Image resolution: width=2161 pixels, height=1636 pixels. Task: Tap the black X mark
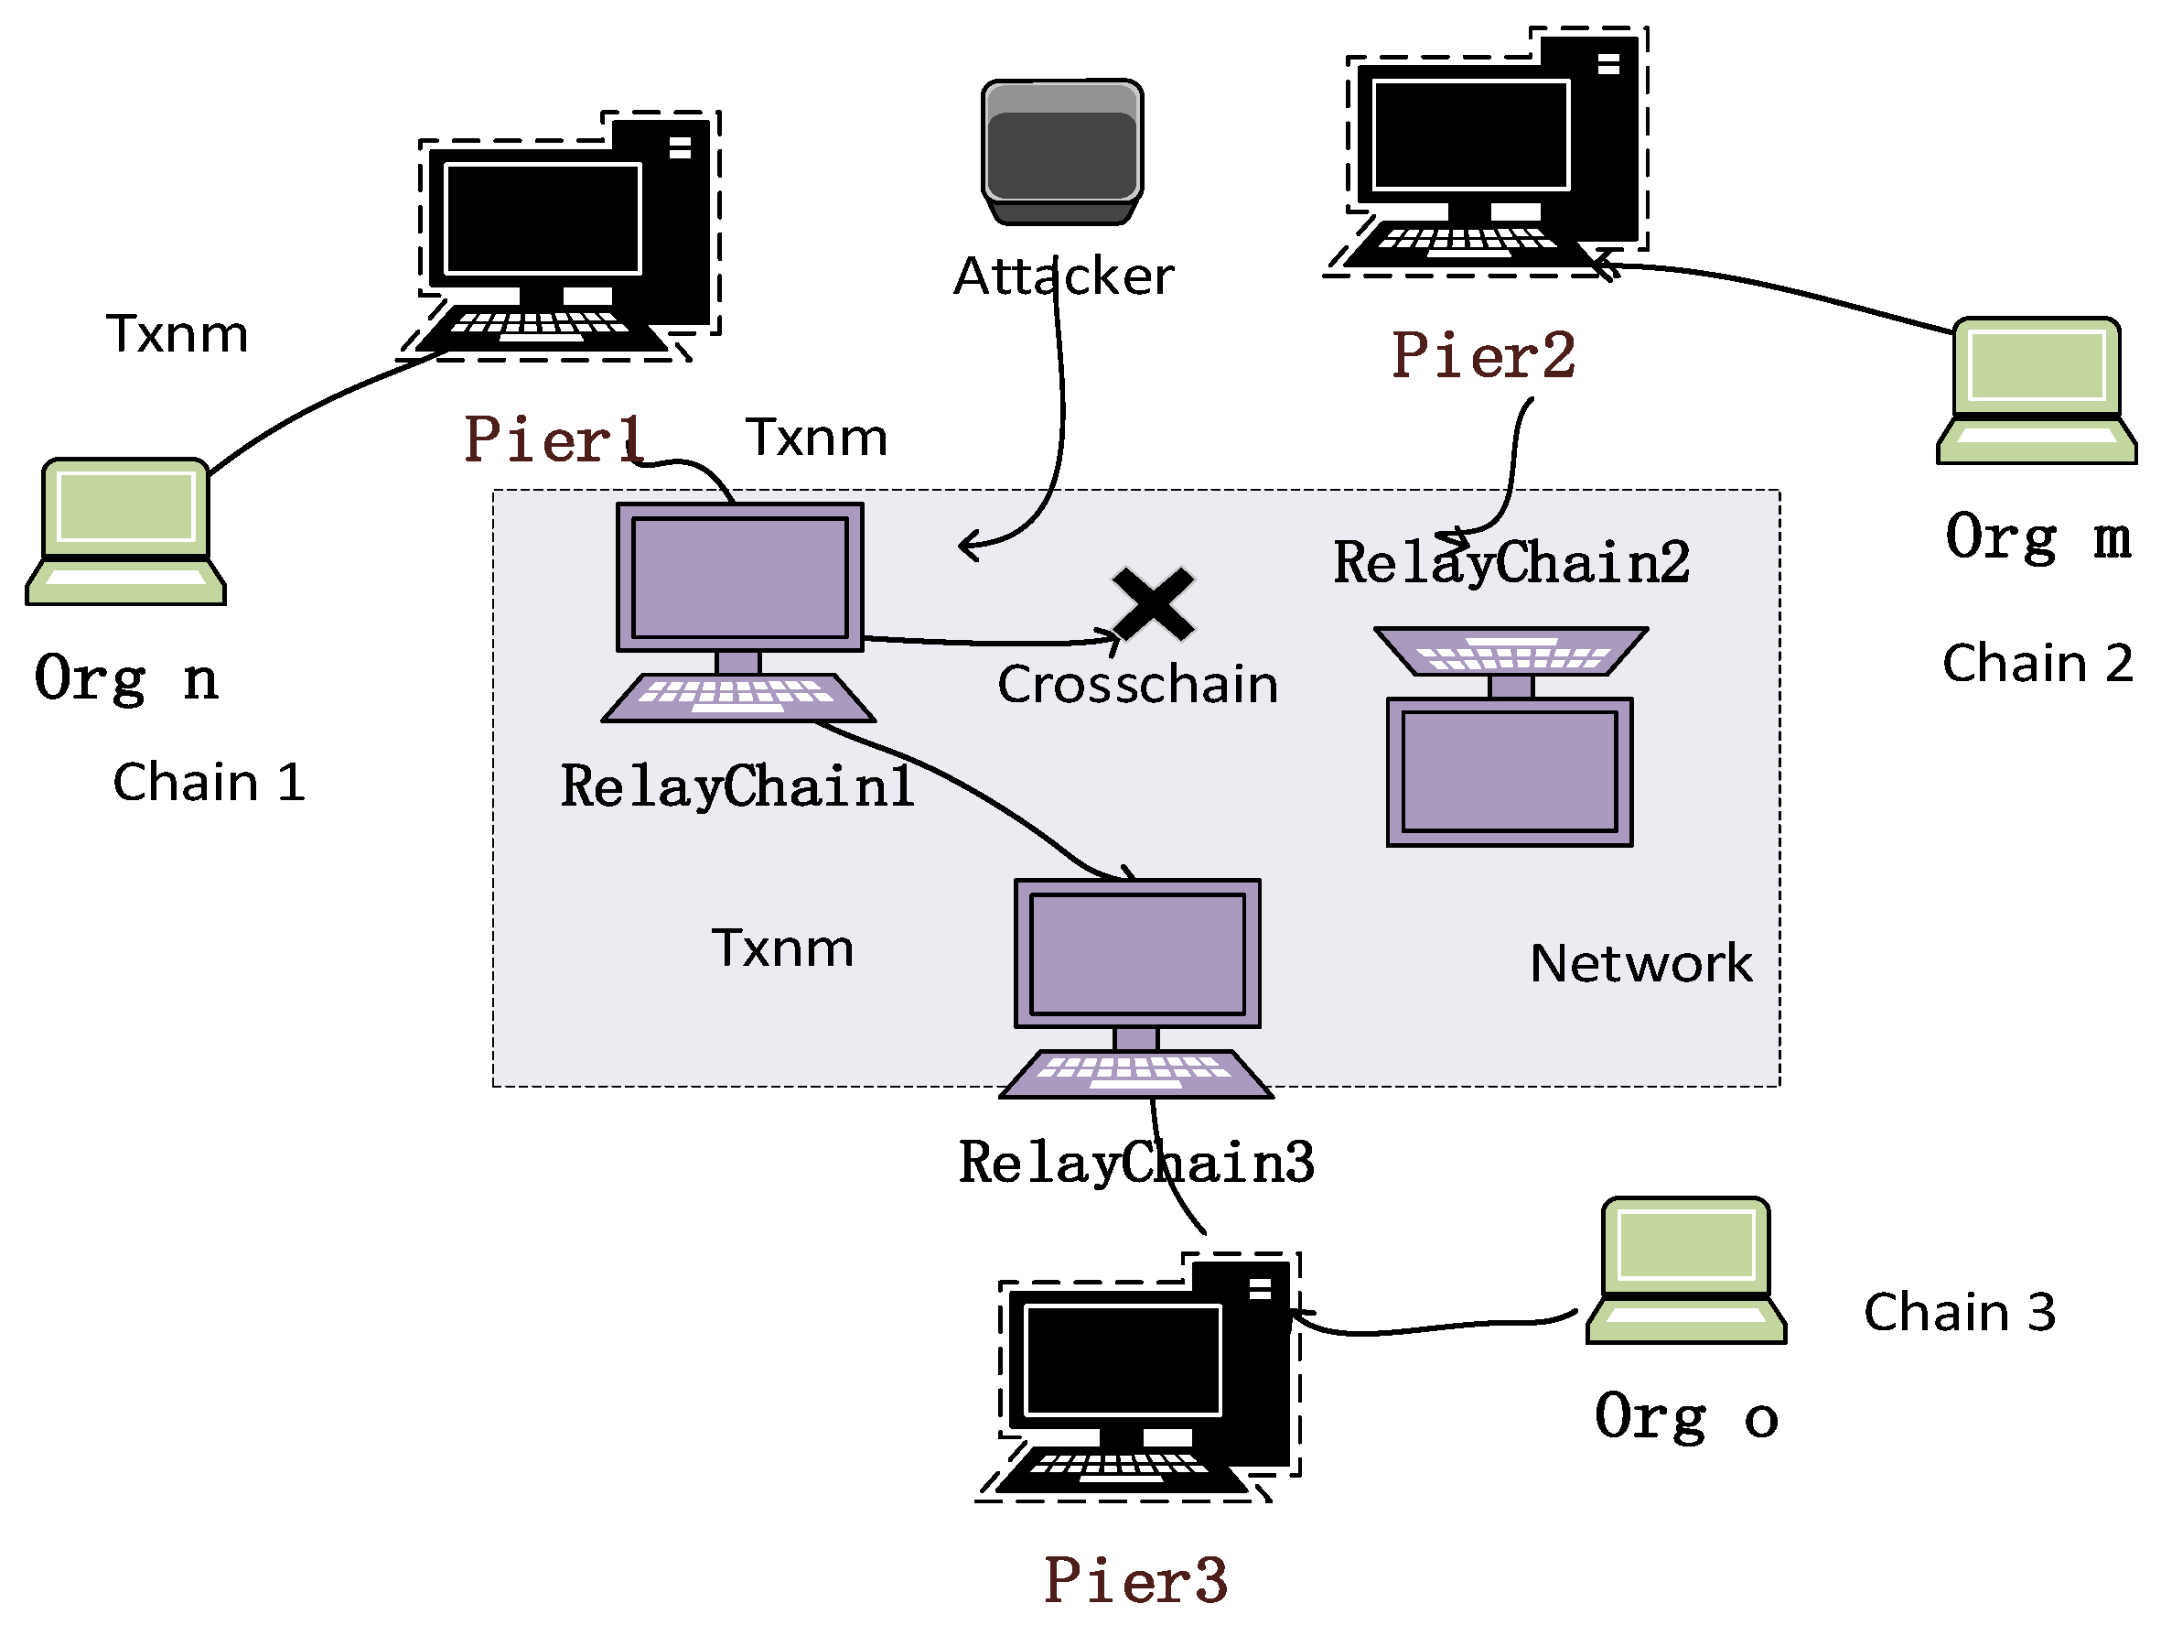(1153, 604)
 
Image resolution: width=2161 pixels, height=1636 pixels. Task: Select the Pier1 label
(554, 439)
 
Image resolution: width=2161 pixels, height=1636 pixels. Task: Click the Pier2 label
(1483, 355)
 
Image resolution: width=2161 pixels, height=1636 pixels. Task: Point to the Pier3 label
(1135, 1580)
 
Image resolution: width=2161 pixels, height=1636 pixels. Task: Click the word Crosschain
(1138, 684)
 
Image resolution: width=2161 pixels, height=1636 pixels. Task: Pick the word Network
(1641, 964)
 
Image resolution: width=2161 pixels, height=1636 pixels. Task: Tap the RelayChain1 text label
(737, 786)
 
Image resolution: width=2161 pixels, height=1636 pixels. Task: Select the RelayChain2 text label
(1511, 563)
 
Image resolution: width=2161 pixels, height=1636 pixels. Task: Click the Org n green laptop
(126, 532)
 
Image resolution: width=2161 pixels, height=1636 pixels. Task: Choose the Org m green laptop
(2037, 390)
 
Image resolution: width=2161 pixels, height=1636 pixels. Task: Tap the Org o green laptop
(1686, 1271)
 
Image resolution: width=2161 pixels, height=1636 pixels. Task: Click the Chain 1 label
(210, 782)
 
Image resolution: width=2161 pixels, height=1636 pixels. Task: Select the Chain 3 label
(1960, 1313)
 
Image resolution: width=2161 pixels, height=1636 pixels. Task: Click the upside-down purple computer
(1511, 737)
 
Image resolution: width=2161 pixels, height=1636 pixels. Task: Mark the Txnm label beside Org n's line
(177, 334)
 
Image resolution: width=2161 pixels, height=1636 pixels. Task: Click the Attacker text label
(1064, 276)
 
